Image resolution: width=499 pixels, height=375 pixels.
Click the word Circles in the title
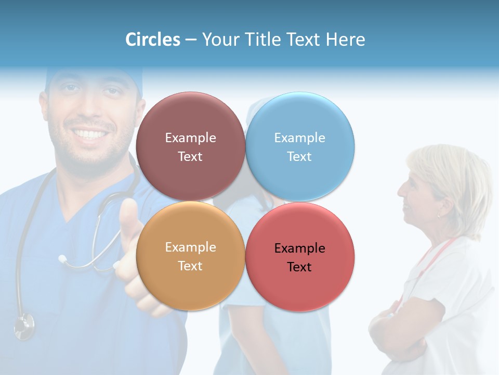(153, 40)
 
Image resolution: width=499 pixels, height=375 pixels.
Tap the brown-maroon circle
(190, 120)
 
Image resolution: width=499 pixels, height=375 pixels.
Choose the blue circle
(300, 120)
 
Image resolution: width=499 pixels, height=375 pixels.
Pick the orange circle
(190, 281)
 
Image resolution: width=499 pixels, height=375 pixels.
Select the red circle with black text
(300, 284)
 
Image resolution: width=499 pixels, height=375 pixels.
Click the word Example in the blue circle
(299, 137)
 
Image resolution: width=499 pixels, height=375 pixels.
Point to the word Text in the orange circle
(190, 266)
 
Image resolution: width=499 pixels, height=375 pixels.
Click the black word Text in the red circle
(299, 267)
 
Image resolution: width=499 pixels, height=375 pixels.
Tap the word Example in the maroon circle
(190, 137)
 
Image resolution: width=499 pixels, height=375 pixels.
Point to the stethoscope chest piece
(24, 325)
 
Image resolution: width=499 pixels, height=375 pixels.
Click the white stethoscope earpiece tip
(62, 258)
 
